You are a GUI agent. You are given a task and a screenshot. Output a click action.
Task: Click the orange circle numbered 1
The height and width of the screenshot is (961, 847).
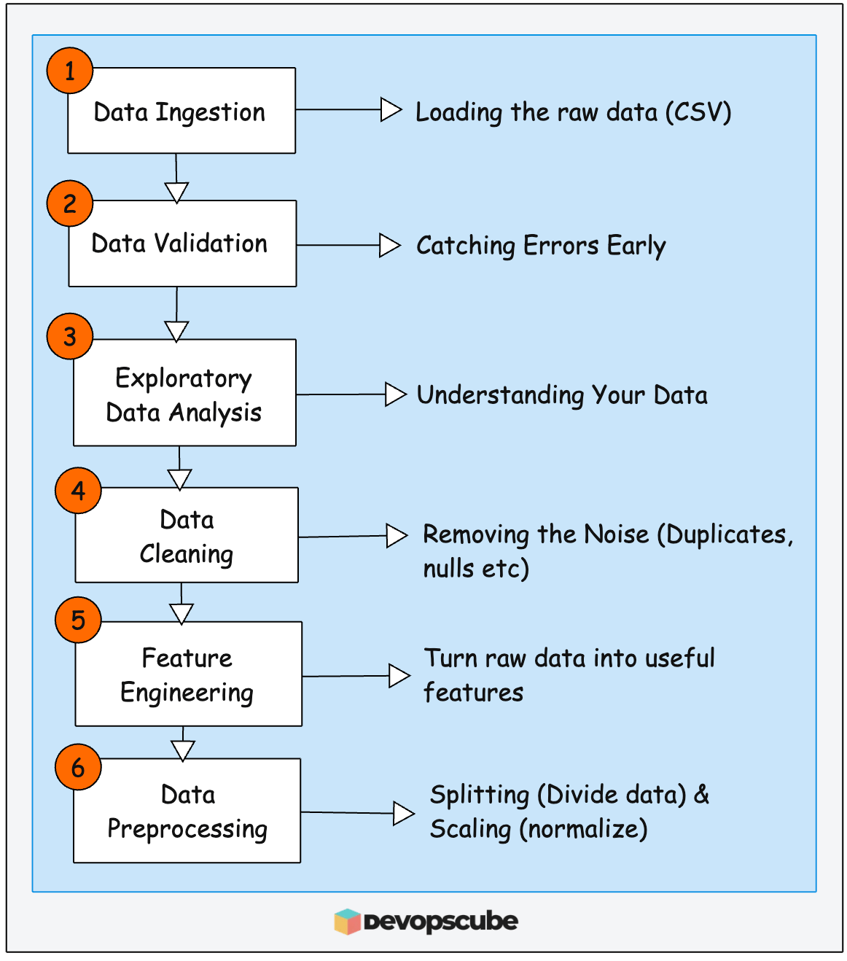70,71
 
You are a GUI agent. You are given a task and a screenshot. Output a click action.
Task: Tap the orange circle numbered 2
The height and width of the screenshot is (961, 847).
70,203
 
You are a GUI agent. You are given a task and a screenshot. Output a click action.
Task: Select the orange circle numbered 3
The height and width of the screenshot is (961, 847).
70,336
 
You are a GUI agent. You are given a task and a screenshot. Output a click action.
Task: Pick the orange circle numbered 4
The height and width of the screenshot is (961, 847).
78,490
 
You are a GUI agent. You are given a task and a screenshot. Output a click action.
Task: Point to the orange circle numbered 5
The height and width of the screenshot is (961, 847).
78,620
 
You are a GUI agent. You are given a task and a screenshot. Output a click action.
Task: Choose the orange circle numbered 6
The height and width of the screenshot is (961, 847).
78,767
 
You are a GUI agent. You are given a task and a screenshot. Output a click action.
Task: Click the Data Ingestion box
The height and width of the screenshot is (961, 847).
181,111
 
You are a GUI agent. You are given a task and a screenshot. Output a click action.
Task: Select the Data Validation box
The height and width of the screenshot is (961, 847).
182,244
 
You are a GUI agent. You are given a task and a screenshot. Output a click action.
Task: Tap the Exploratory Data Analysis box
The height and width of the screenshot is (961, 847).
184,393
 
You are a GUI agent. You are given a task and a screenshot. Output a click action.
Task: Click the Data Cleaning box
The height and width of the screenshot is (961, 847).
187,535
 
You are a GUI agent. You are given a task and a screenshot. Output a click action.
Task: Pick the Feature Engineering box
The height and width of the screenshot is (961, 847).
188,674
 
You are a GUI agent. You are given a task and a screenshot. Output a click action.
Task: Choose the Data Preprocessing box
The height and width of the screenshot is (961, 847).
187,811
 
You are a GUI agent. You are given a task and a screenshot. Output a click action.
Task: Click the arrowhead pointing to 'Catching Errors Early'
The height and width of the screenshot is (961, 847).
390,246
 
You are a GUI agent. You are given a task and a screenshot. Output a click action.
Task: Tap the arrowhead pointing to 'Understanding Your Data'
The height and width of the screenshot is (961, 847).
395,394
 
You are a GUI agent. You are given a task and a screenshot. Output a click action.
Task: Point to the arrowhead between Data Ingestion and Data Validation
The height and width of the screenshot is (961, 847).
176,192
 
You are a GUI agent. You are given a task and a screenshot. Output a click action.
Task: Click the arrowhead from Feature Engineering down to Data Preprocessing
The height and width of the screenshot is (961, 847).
183,750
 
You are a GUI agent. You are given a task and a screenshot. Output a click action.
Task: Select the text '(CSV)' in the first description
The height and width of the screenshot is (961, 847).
698,112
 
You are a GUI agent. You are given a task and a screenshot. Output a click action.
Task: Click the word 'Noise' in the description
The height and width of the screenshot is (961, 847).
616,534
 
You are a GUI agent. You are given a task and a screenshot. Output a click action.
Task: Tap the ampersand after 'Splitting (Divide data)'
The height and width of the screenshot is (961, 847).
701,794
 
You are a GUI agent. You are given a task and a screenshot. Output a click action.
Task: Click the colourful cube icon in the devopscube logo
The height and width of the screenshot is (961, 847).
348,922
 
